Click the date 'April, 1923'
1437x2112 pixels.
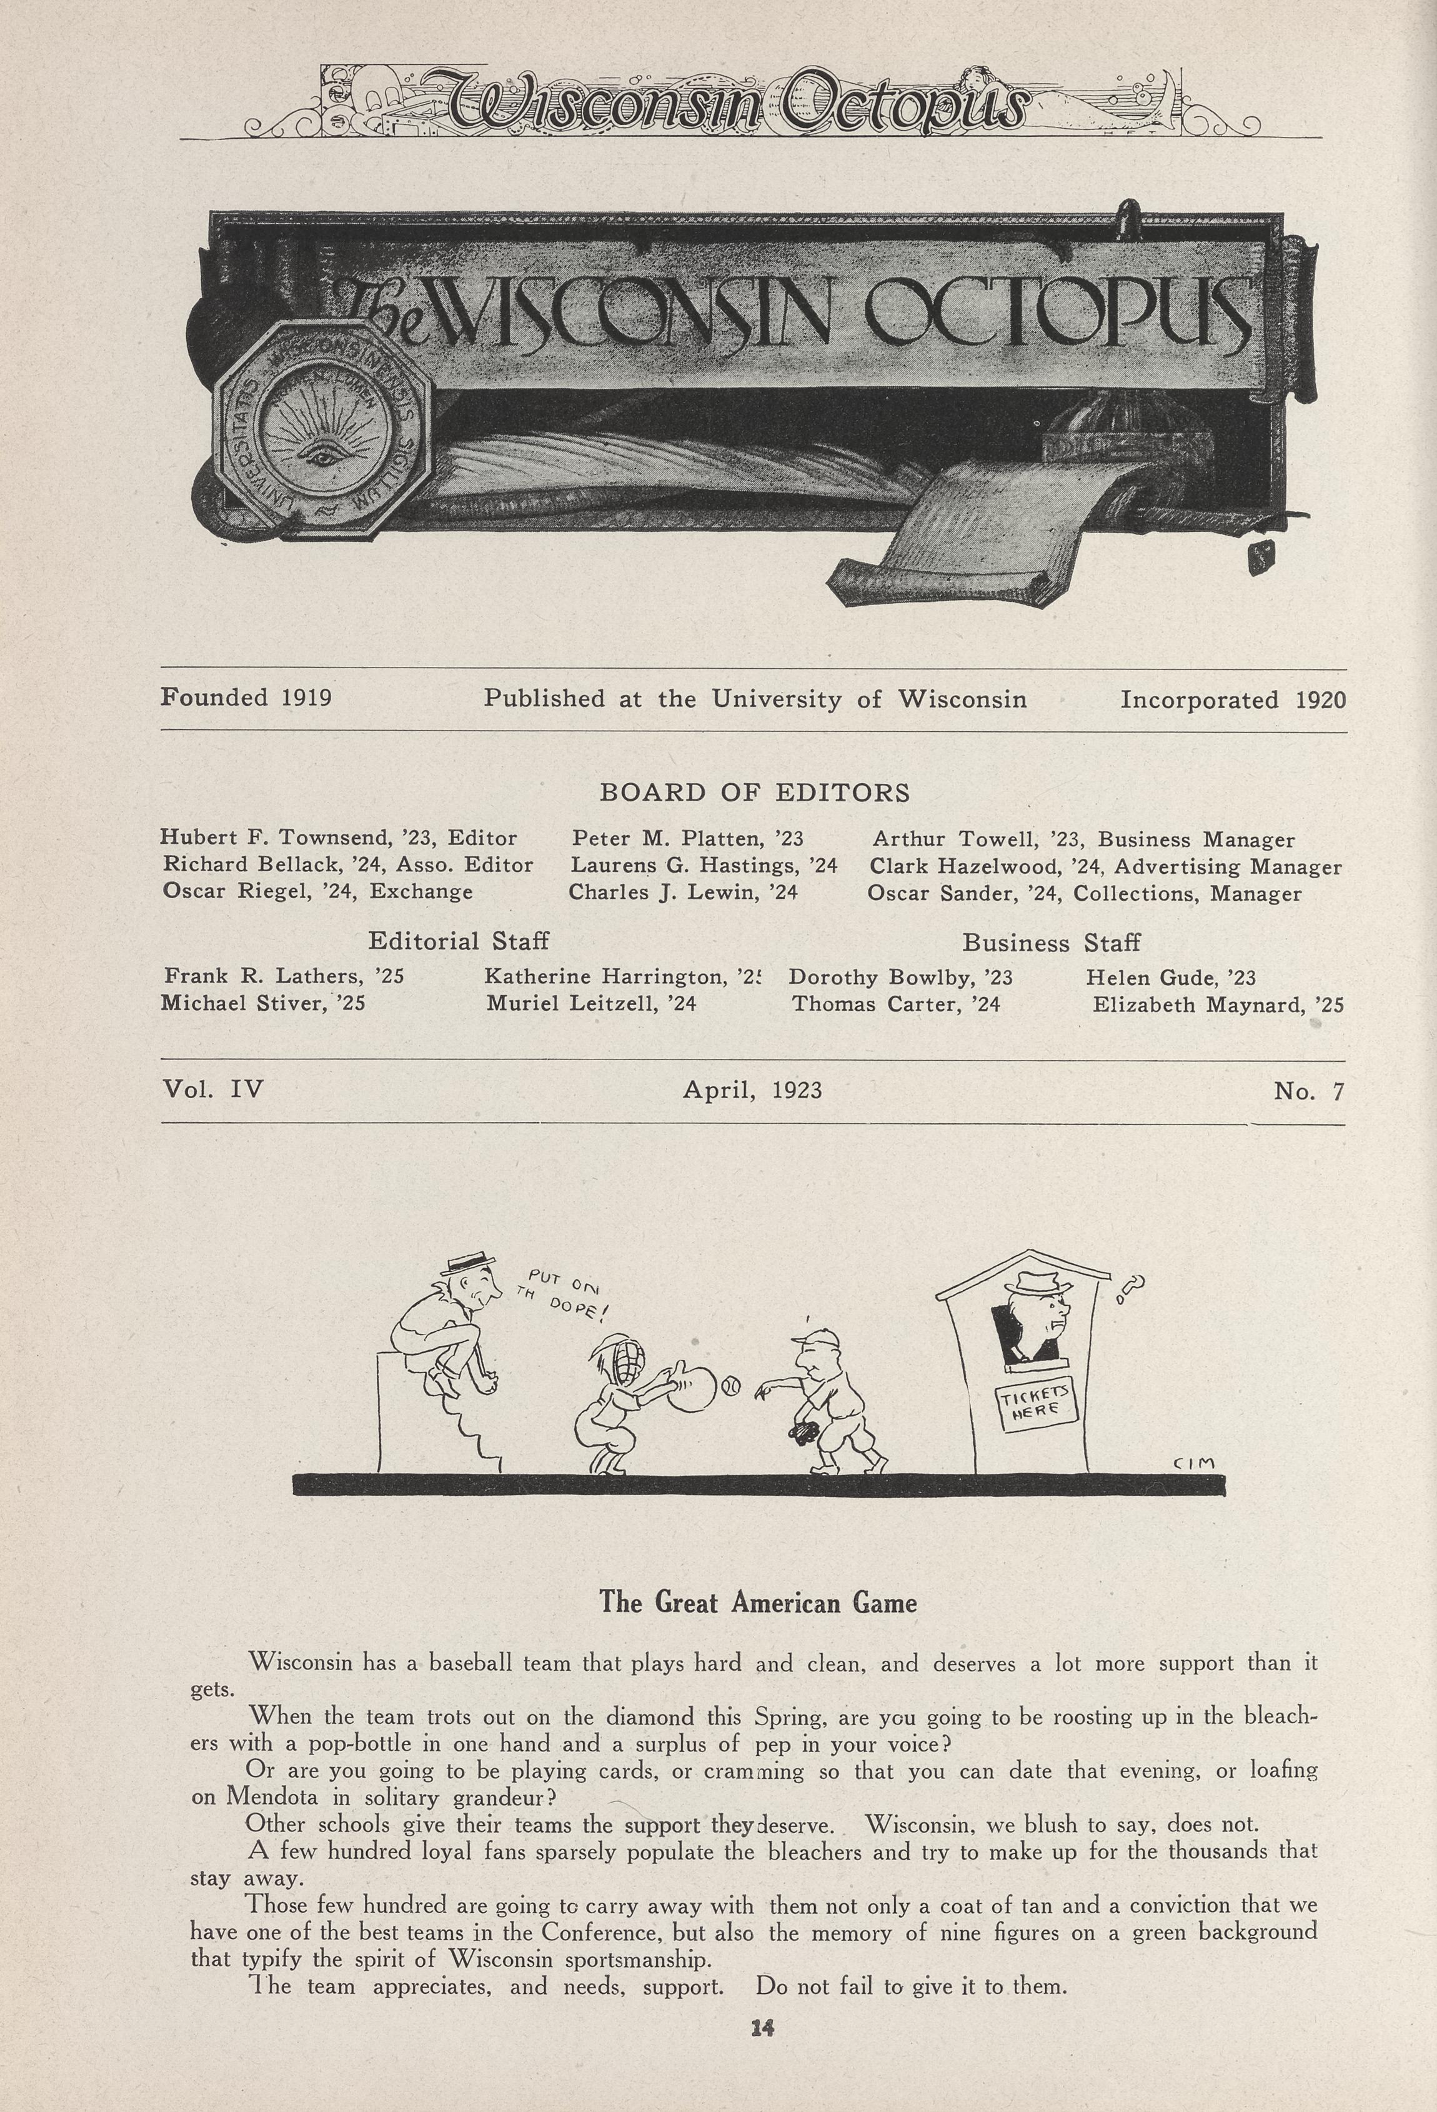[x=752, y=1089]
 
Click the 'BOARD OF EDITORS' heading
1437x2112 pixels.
[x=754, y=793]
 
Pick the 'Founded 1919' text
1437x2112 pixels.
[x=246, y=698]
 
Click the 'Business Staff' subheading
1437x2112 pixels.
[x=1051, y=943]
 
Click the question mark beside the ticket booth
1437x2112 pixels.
[x=1133, y=1287]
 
